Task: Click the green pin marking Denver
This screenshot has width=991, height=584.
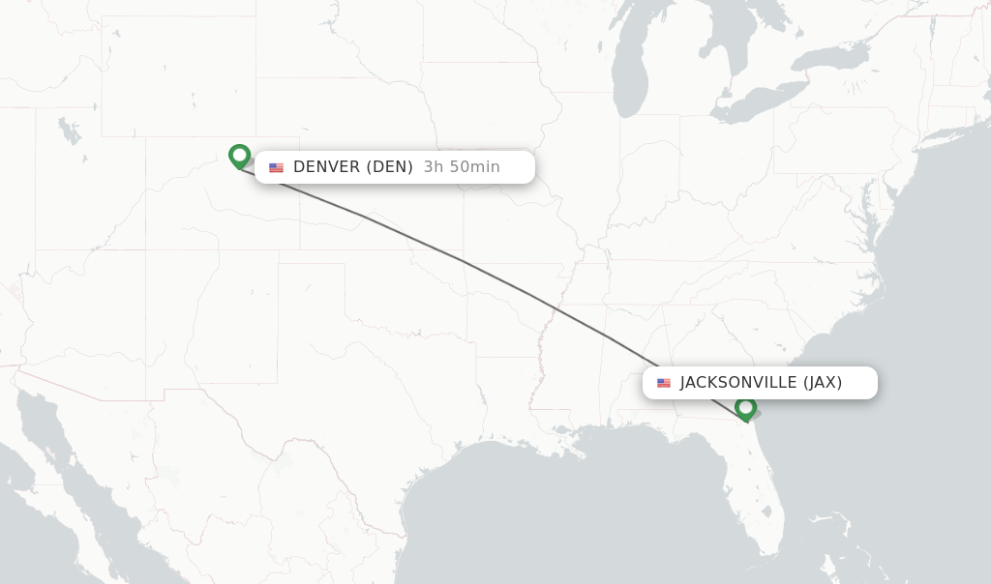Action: pyautogui.click(x=239, y=156)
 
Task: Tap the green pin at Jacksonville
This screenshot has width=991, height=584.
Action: pyautogui.click(x=745, y=408)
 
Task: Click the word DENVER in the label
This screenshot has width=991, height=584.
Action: pyautogui.click(x=326, y=166)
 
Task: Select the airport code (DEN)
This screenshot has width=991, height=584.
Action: pyautogui.click(x=389, y=166)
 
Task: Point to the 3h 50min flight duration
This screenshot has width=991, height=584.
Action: pyautogui.click(x=462, y=166)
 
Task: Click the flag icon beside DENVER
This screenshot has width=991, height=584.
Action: pyautogui.click(x=277, y=167)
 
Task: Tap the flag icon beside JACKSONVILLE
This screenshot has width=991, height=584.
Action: pyautogui.click(x=664, y=383)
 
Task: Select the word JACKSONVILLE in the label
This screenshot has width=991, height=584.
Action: pyautogui.click(x=738, y=382)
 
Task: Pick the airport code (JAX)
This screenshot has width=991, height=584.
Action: pyautogui.click(x=823, y=382)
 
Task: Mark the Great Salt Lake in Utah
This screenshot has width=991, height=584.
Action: pyautogui.click(x=68, y=131)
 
